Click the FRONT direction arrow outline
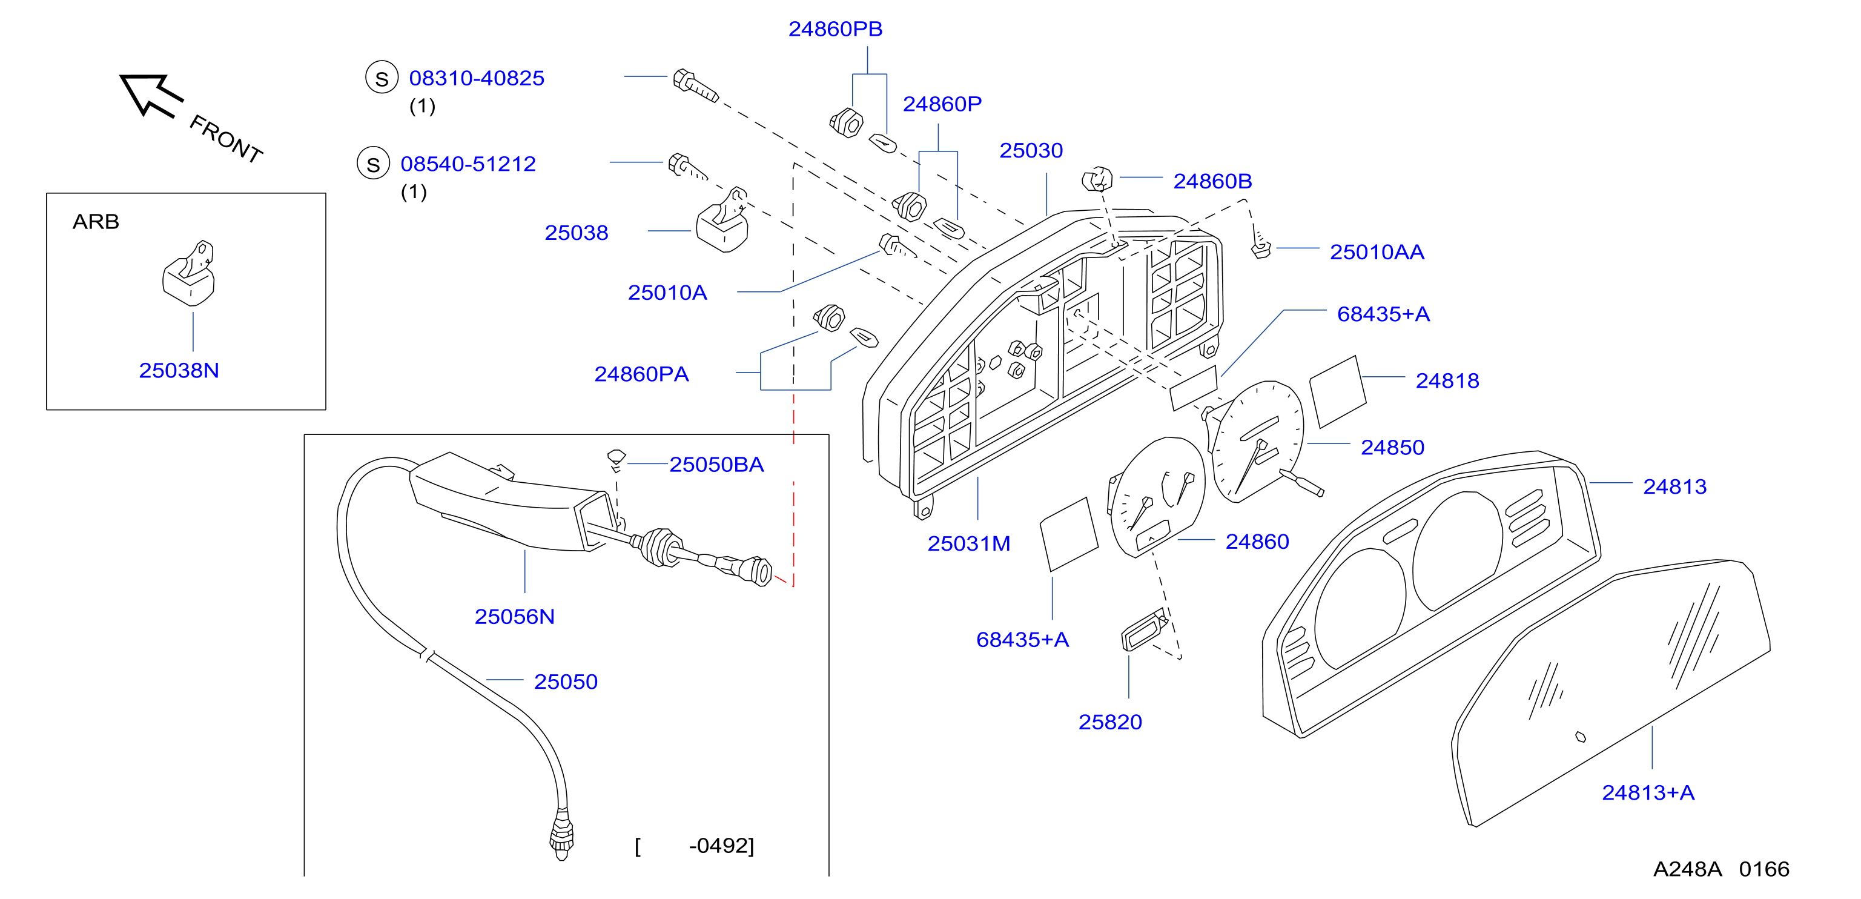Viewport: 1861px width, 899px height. (x=150, y=95)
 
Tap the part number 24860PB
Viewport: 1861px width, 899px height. (x=835, y=29)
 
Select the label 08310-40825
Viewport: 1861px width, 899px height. (x=477, y=78)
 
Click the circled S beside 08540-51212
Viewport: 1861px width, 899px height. (x=373, y=164)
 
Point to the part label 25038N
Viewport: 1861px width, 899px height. (x=179, y=370)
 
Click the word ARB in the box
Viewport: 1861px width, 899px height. (x=95, y=221)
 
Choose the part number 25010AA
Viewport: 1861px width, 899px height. (x=1377, y=251)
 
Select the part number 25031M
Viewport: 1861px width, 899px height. (x=969, y=543)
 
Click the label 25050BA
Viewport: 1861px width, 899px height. (x=716, y=464)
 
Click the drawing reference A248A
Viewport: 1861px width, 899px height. (x=1687, y=869)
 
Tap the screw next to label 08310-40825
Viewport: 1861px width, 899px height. (x=695, y=86)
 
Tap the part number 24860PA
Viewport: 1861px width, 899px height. (x=641, y=374)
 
